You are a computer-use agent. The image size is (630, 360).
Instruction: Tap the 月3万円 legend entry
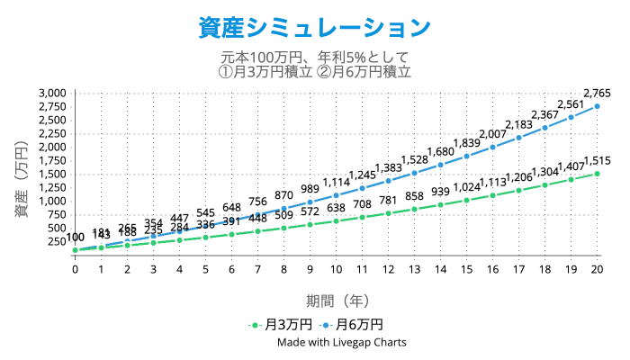click(x=282, y=324)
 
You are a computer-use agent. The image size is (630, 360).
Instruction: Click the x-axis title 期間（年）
click(x=336, y=301)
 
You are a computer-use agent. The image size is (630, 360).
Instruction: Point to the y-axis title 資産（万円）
click(x=21, y=171)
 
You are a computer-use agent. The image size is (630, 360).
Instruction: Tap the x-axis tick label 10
click(x=336, y=269)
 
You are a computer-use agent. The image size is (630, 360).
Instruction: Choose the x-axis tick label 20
click(x=597, y=269)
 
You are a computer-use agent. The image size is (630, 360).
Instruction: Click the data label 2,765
click(x=597, y=93)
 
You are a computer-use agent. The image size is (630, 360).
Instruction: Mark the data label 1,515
click(x=597, y=161)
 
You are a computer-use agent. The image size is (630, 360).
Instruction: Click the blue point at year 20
click(x=597, y=106)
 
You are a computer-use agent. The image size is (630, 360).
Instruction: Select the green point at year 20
click(x=597, y=174)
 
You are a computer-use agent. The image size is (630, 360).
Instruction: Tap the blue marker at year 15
click(x=466, y=156)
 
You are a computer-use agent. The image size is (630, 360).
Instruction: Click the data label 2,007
click(x=492, y=134)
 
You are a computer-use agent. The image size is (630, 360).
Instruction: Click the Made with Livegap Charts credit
click(x=341, y=342)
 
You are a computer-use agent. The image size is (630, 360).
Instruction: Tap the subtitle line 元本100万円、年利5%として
click(x=314, y=58)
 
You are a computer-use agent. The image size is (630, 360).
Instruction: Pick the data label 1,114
click(x=336, y=182)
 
